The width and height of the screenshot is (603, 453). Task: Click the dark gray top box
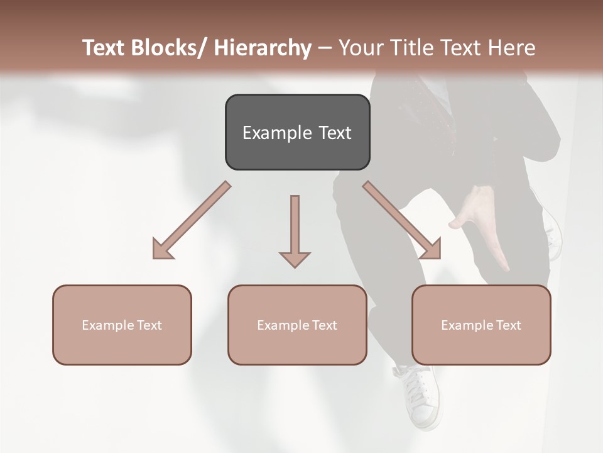pos(297,132)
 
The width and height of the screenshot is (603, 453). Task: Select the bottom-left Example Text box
pos(122,325)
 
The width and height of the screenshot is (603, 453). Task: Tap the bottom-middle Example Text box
pos(297,325)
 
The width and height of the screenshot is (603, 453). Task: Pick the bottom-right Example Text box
pos(481,325)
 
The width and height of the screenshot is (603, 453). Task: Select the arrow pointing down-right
pos(403,221)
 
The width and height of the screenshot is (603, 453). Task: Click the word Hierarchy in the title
pos(263,48)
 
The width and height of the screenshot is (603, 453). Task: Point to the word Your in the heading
pos(360,48)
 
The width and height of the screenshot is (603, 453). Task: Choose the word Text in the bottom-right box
pos(508,325)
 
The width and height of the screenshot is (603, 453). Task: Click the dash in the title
pos(325,48)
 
